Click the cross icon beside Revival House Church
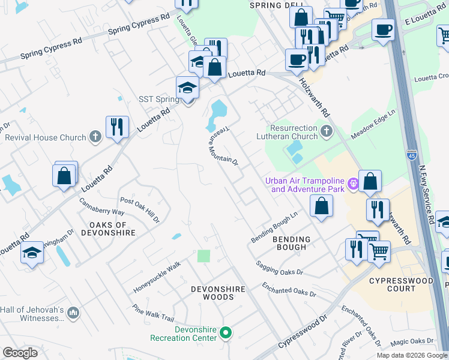pos(95,137)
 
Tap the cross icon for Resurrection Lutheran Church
pos(326,131)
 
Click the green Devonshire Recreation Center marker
pos(226,332)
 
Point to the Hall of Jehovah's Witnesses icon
pos(73,313)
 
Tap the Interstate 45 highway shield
pos(411,155)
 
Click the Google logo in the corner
pos(20,352)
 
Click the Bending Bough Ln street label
pos(274,228)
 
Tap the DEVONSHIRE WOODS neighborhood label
pos(218,293)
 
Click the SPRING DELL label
pos(273,5)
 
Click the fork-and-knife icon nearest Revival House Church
pos(116,127)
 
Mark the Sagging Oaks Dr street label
pos(279,268)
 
